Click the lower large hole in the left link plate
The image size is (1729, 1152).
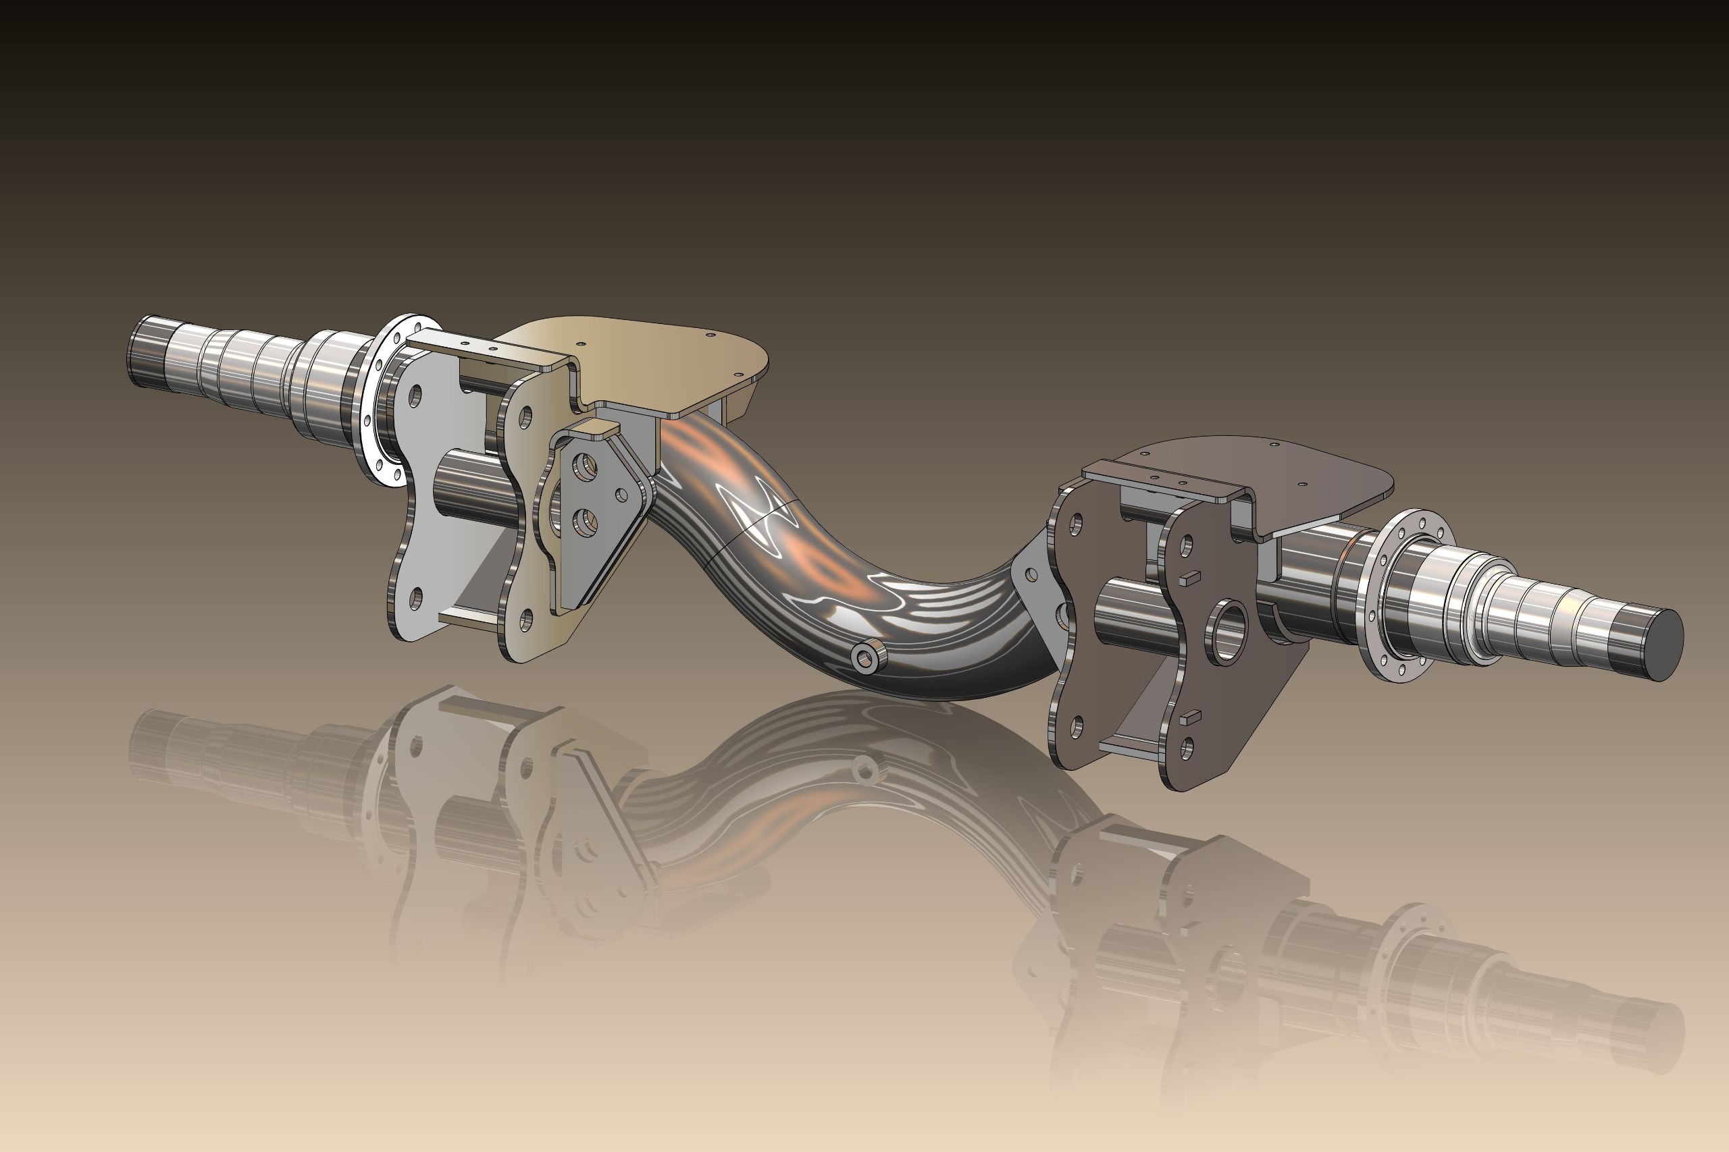point(585,522)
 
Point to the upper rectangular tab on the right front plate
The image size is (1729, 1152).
point(1189,578)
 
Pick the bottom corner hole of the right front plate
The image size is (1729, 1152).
point(1187,748)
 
